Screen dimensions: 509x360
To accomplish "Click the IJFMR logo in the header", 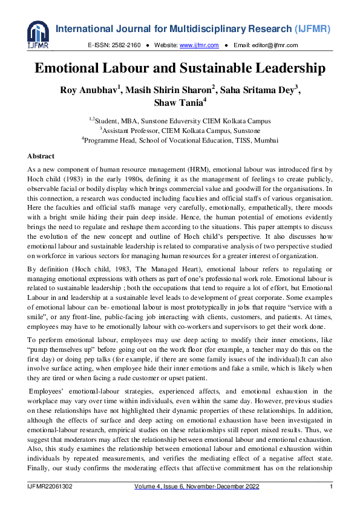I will click(38, 35).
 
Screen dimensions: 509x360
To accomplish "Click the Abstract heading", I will click(41, 156).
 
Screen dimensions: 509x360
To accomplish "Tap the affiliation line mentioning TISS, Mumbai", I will click(180, 140).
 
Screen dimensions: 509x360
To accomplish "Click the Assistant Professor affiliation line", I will click(180, 130).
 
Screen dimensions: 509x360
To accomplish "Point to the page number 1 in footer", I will click(331, 487).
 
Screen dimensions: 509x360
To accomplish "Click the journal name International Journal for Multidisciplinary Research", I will click(154, 29).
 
